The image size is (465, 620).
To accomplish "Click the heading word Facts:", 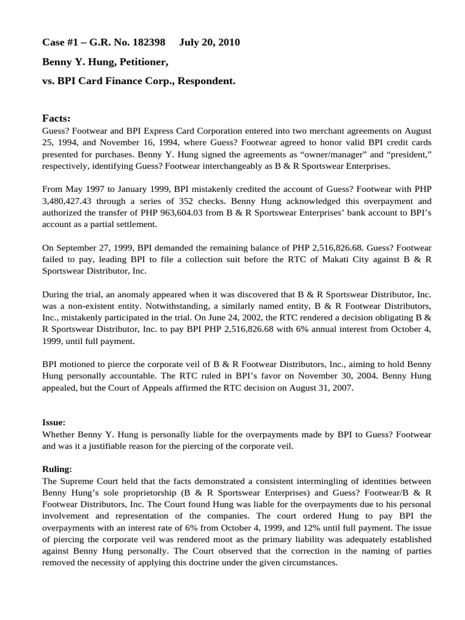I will click(56, 117).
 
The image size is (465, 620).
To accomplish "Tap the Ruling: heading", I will click(56, 469).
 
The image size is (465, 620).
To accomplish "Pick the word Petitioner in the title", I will click(139, 61).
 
